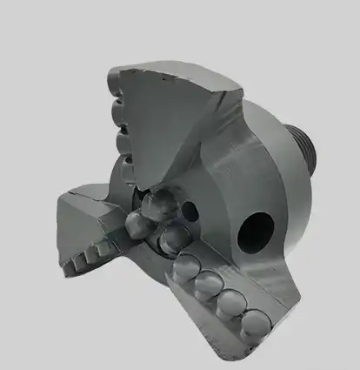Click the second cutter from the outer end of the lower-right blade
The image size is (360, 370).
tap(230, 302)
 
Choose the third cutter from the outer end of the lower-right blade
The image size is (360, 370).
tap(208, 284)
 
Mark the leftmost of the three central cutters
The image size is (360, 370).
tap(139, 225)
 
